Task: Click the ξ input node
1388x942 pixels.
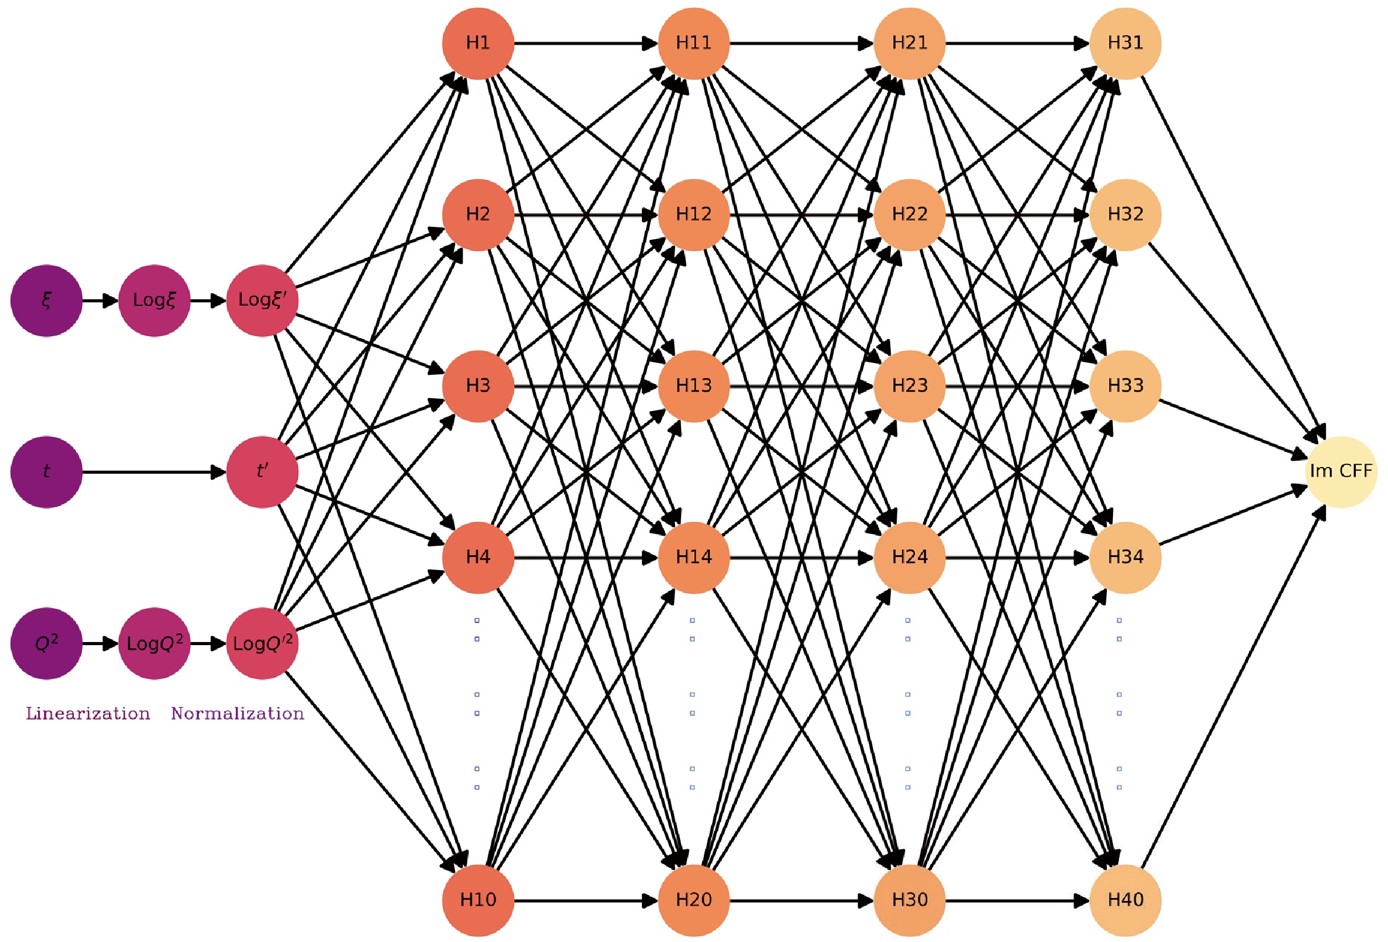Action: pos(46,301)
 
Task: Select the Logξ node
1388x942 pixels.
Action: pos(154,301)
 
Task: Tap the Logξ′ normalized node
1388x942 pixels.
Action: pos(262,301)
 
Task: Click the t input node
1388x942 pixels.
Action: pos(46,472)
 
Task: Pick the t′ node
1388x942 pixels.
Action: pos(262,472)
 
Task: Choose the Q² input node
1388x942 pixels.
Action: pos(46,643)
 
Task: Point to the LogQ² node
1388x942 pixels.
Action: pos(154,643)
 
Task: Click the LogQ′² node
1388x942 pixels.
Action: pos(262,643)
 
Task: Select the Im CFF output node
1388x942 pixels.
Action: pos(1342,472)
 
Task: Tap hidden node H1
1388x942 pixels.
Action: pos(478,43)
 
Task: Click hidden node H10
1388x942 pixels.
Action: pos(478,900)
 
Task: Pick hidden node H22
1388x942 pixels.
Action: pos(910,214)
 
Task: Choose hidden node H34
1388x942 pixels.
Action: pos(1125,558)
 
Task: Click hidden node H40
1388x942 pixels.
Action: pos(1125,900)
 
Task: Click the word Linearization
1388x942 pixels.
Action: pos(88,714)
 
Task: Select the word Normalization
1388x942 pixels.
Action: pos(238,714)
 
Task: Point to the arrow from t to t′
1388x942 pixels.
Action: pos(154,472)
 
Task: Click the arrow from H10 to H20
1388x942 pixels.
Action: pos(585,900)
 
